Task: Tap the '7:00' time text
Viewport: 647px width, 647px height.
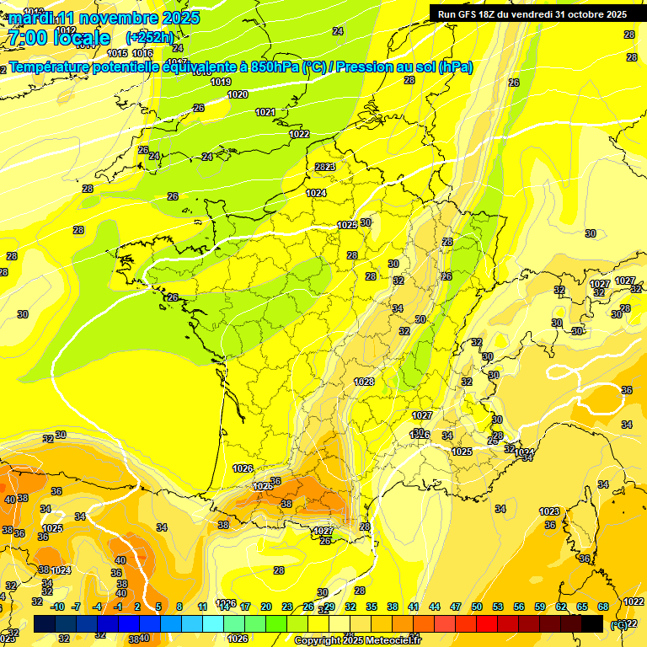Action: point(25,37)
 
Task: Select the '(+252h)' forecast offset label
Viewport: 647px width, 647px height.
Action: point(149,37)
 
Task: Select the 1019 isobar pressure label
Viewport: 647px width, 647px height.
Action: point(221,82)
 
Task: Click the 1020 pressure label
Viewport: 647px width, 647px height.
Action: point(238,95)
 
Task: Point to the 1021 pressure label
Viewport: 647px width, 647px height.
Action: point(265,112)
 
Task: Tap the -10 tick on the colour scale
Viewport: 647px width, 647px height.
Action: point(57,607)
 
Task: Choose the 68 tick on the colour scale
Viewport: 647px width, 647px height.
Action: point(603,607)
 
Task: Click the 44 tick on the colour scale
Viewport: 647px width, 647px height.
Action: point(435,607)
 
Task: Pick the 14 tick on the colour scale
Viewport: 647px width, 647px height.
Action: point(224,607)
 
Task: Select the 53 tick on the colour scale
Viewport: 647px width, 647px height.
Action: point(498,607)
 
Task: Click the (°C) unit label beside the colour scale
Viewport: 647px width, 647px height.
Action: point(619,624)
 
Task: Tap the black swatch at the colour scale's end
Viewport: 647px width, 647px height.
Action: point(592,624)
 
